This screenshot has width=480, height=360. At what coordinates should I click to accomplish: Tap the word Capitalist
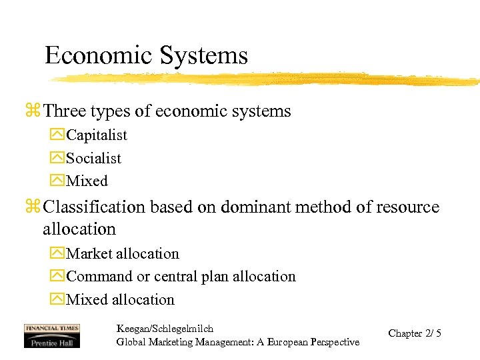[x=97, y=135]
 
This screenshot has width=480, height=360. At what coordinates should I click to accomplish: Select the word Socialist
[x=94, y=158]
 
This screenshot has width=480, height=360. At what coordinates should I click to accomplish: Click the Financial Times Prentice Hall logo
[x=51, y=335]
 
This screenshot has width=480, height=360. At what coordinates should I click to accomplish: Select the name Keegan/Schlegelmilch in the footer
[x=165, y=329]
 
